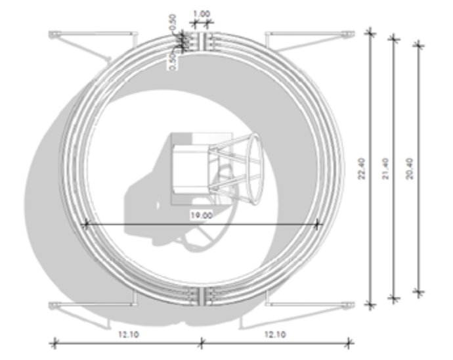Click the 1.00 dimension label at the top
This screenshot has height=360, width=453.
tap(201, 12)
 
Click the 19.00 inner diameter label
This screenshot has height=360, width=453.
tap(201, 215)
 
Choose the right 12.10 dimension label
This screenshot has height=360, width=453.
tap(276, 334)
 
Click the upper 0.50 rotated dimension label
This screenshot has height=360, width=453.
tap(173, 20)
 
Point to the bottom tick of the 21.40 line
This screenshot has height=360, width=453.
tap(394, 299)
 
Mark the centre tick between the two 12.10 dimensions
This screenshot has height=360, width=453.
tap(201, 342)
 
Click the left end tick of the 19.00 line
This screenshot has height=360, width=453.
tap(84, 225)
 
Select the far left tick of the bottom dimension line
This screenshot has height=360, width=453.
tap(54, 342)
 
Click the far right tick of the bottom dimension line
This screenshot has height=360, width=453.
tap(349, 342)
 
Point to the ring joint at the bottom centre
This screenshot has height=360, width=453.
tap(201, 296)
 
